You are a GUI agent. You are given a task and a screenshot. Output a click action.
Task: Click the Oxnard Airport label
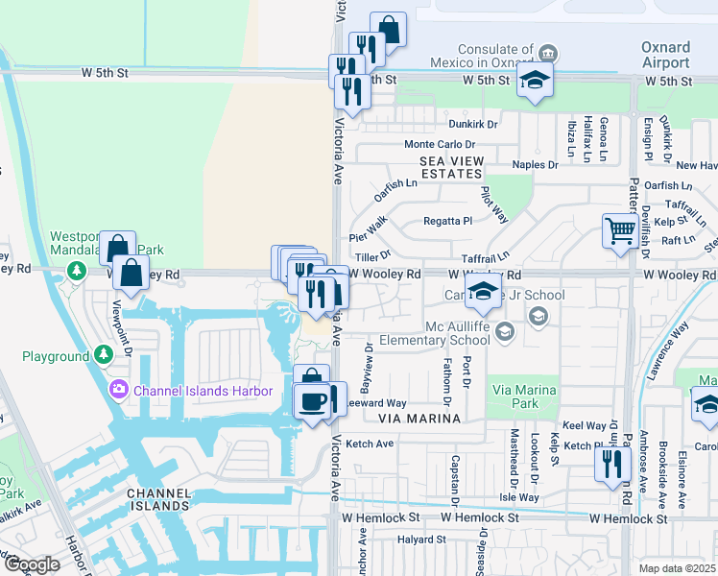[665, 55]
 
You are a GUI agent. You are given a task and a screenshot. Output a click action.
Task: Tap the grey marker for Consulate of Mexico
[547, 52]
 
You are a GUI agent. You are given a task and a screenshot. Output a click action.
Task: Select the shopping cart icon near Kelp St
[620, 230]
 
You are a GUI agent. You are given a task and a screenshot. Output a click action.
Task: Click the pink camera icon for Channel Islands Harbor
[119, 390]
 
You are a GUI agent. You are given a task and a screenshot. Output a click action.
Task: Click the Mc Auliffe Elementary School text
[435, 332]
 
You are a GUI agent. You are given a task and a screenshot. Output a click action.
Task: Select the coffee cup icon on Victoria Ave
[311, 400]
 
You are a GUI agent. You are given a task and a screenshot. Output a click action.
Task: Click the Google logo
[31, 564]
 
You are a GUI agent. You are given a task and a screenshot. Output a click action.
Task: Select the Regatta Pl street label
[448, 221]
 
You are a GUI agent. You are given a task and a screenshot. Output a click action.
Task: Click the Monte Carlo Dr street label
[438, 144]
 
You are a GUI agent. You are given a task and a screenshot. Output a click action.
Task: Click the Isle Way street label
[519, 498]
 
